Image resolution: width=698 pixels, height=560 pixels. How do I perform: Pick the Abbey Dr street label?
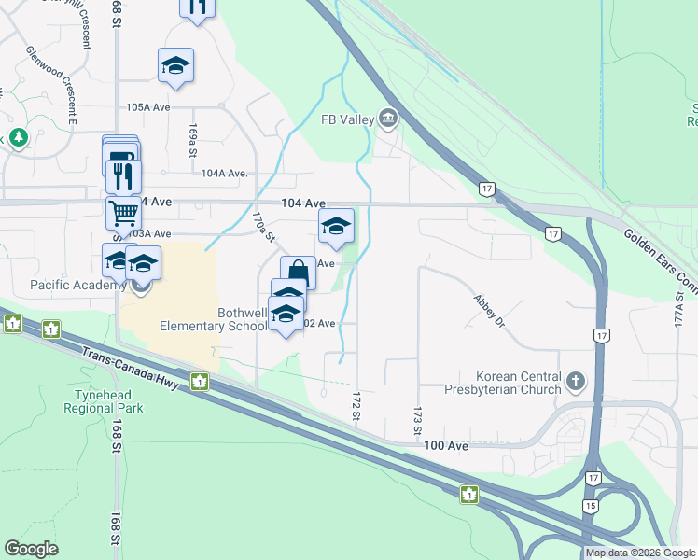489,312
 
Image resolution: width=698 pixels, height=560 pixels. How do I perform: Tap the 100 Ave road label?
445,446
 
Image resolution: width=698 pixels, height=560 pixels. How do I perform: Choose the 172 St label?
356,406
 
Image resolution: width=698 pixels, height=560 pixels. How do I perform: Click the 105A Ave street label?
148,106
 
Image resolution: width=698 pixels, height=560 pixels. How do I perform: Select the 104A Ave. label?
225,173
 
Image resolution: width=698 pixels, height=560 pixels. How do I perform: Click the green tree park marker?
18,137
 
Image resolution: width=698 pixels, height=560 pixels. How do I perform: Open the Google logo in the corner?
32,549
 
